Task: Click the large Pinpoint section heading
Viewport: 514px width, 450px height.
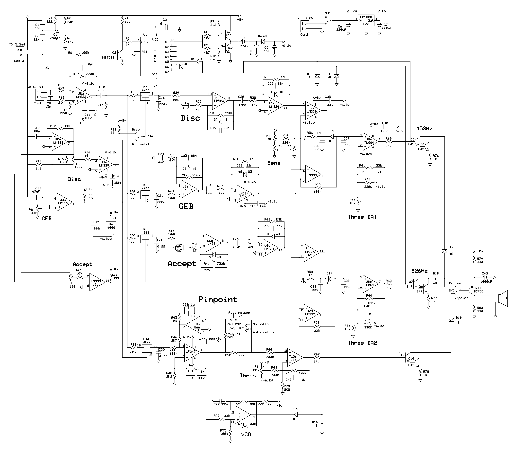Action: coord(218,299)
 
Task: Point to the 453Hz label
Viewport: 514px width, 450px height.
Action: coord(424,129)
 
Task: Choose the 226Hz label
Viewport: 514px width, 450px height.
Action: coord(419,271)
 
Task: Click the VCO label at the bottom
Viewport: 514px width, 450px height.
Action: coord(246,434)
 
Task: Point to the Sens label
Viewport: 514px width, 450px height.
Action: coord(274,163)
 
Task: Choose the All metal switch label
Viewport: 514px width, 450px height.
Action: coord(140,144)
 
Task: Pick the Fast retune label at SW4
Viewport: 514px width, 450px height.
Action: coord(239,313)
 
